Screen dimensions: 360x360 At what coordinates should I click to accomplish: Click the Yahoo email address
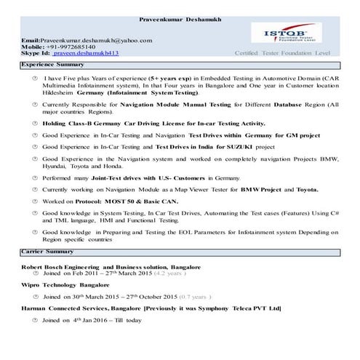click(87, 40)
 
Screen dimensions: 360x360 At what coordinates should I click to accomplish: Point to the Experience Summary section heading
click(53, 65)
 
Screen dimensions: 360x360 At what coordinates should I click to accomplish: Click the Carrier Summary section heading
click(49, 251)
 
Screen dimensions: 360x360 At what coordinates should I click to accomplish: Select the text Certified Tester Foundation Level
click(282, 54)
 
